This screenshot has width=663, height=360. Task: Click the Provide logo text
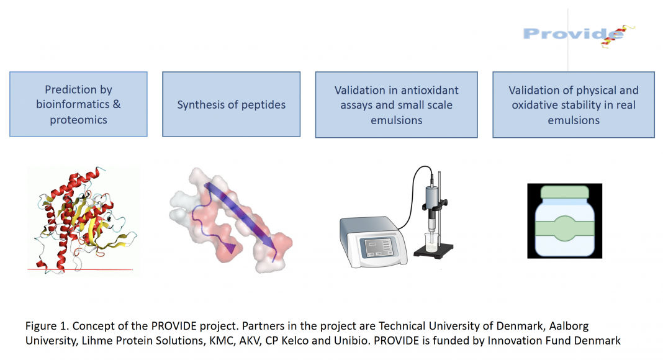pos(573,34)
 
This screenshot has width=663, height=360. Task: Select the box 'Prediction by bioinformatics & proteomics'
pos(79,104)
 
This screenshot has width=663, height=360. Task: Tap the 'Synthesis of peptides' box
pos(232,104)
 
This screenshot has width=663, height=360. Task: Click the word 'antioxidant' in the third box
pos(430,90)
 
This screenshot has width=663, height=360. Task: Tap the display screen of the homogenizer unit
pos(378,247)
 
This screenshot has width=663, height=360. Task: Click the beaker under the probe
pos(432,242)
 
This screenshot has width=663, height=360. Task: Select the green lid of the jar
pos(564,192)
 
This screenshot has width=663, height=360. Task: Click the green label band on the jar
pos(564,228)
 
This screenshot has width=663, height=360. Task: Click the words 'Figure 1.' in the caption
pos(47,326)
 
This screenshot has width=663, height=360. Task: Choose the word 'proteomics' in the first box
pos(79,120)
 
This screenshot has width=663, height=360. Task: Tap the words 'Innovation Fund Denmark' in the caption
pos(554,341)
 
